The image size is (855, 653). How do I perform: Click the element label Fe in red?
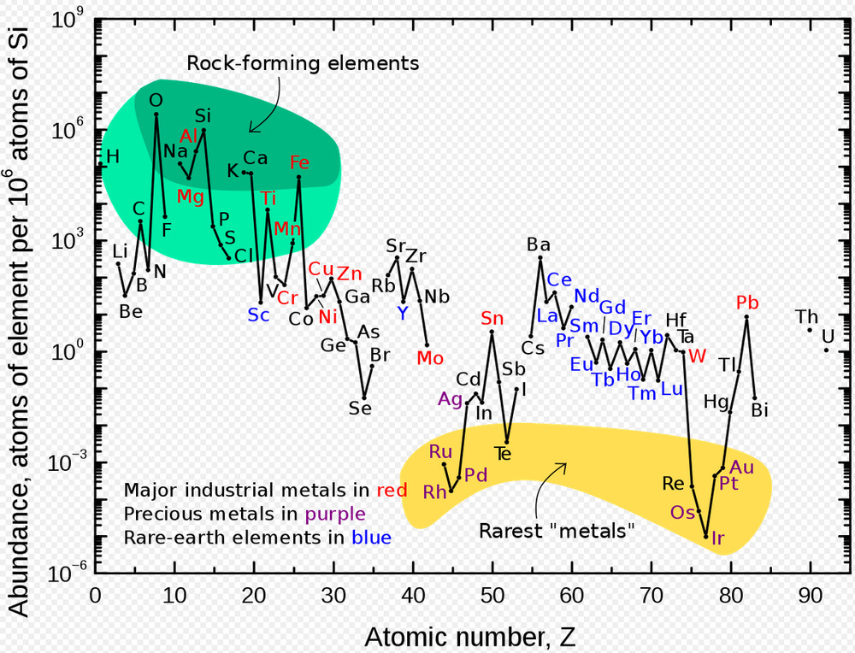click(x=299, y=162)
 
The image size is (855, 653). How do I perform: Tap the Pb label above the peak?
click(x=747, y=303)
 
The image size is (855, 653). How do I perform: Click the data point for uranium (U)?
click(x=826, y=350)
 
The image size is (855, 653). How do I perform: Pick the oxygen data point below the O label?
click(x=156, y=115)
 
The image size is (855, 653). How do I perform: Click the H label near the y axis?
click(x=113, y=156)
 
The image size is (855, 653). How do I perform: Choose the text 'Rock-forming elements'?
click(x=303, y=63)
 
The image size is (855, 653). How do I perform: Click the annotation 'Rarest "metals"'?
click(x=557, y=531)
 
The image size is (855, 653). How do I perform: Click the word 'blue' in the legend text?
click(x=371, y=538)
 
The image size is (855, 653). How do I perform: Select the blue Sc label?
click(x=258, y=315)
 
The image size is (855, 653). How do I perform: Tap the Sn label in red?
click(x=492, y=319)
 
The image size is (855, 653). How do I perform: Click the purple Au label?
click(x=742, y=467)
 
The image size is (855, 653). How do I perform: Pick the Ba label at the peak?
click(x=539, y=245)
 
